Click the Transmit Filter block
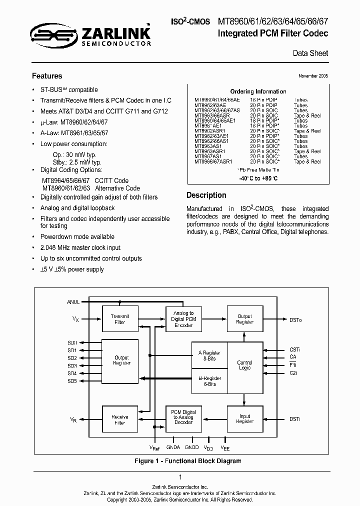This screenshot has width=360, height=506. [119, 319]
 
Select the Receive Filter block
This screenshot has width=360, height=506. [119, 419]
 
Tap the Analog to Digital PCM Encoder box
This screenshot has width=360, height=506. [183, 319]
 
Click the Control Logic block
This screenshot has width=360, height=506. [244, 365]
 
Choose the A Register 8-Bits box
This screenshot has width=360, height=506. [209, 355]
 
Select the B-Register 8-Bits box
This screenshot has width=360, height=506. [209, 381]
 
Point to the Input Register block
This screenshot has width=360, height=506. [244, 418]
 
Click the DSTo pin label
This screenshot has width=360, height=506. [295, 319]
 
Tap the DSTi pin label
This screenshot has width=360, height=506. [295, 418]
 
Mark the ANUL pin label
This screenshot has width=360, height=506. [73, 302]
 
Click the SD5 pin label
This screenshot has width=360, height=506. [72, 381]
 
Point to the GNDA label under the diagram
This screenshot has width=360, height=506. [172, 447]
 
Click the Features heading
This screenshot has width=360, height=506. [47, 76]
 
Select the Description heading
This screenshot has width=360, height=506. [206, 195]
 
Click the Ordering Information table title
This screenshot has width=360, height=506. [258, 91]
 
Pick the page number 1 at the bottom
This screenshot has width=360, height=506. [180, 477]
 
